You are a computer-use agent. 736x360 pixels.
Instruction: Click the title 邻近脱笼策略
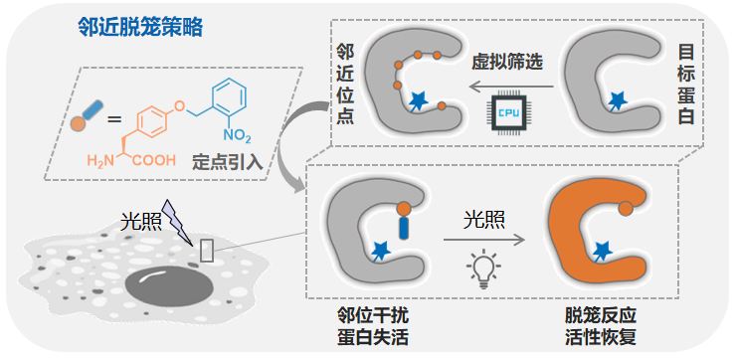[x=140, y=28]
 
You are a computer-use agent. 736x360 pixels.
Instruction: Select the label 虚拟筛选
[x=507, y=63]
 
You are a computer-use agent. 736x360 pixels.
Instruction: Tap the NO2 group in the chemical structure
[x=237, y=136]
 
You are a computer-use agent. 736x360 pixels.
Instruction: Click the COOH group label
[x=154, y=160]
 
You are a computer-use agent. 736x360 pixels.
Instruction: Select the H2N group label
[x=100, y=161]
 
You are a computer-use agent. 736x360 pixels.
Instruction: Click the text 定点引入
[x=227, y=161]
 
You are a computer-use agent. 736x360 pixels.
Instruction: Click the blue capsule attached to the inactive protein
[x=403, y=228]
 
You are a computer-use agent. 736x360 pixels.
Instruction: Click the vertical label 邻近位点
[x=346, y=85]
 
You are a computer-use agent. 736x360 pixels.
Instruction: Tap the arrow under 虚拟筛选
[x=511, y=87]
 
